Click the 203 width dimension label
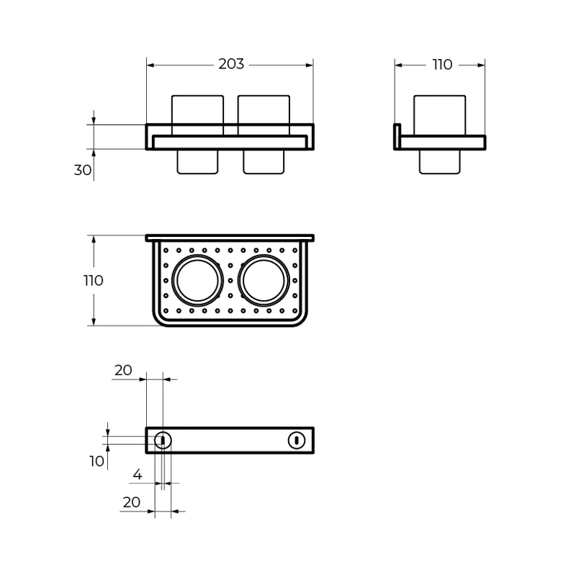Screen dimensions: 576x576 (x=231, y=65)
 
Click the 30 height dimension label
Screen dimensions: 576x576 (x=83, y=171)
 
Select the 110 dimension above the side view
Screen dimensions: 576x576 (x=442, y=65)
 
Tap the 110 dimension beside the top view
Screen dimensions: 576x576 (x=93, y=281)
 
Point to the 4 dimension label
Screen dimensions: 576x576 (x=138, y=475)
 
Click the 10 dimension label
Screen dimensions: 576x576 (x=97, y=462)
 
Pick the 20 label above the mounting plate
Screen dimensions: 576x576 (x=123, y=370)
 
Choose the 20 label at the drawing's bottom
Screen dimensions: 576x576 (x=131, y=503)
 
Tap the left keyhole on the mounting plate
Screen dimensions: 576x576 (x=163, y=440)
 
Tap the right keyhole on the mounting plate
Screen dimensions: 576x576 (x=296, y=440)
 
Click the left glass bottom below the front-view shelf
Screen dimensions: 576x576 (x=197, y=162)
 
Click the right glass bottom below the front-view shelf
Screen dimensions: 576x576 (x=264, y=162)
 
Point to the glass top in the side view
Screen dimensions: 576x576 (x=438, y=115)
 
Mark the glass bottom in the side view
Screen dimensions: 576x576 (x=439, y=162)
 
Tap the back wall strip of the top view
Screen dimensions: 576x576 (x=230, y=238)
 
